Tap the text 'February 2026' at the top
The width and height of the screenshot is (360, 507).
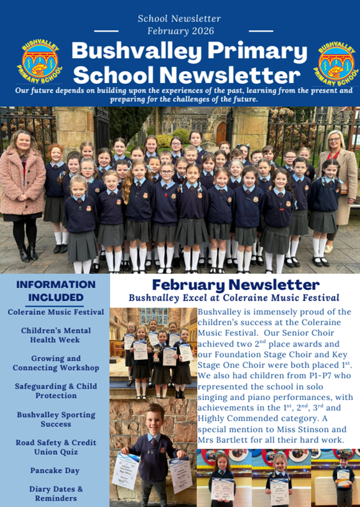coord(180,30)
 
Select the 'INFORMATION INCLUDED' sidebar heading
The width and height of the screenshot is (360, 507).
coord(56,291)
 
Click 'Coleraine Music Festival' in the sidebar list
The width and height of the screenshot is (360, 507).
coord(56,312)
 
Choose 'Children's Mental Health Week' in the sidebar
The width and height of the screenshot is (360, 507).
coord(56,335)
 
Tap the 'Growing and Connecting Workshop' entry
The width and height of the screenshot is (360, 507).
coord(56,363)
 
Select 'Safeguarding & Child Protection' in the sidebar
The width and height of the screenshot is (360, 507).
coord(56,391)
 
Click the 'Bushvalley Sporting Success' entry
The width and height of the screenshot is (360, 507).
coord(56,419)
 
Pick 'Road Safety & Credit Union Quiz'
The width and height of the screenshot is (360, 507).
coord(56,447)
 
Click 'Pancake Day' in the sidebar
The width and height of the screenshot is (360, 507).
coord(56,470)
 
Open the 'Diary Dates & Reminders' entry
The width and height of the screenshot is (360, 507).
coord(56,493)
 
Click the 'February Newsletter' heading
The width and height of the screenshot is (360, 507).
coord(234,285)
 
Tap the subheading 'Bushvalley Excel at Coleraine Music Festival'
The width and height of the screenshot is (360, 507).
coord(234,298)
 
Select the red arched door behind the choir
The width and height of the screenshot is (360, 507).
coord(221,132)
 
